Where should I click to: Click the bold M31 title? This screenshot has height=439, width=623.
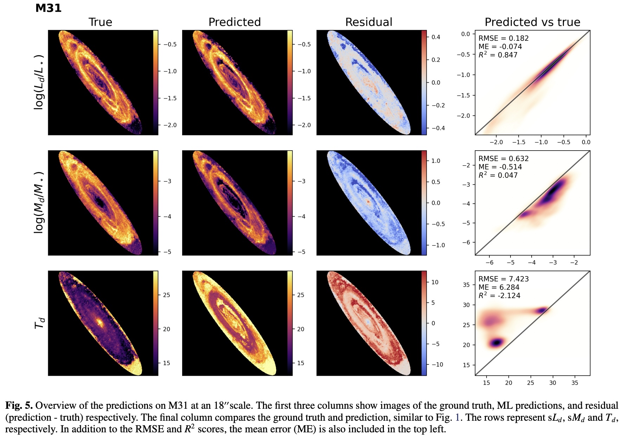pos(48,8)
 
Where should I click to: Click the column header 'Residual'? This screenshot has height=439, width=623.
pos(368,22)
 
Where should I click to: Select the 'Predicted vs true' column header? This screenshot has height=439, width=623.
pos(532,22)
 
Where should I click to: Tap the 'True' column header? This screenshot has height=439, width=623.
pos(100,22)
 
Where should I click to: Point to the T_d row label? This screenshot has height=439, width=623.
pos(40,323)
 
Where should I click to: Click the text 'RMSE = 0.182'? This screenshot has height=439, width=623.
pos(503,38)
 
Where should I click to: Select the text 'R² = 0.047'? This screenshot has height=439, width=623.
pos(498,175)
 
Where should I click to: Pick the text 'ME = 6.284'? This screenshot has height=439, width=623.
pos(499,287)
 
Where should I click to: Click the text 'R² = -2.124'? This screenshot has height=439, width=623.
pos(499,295)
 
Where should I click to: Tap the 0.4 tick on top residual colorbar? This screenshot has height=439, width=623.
pos(436,37)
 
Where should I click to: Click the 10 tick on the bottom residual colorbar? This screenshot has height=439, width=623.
pos(435,282)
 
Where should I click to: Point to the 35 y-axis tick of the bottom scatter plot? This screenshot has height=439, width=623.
pos(466,285)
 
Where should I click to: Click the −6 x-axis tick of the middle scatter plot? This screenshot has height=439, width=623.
pos(489,262)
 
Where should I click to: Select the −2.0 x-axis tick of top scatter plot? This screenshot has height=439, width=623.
pos(496,142)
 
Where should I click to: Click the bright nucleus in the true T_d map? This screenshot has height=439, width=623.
pos(100,322)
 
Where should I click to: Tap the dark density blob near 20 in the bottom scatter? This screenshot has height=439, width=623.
pos(497,342)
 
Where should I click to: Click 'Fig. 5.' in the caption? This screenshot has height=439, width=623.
pos(19,406)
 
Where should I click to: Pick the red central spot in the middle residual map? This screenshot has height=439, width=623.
pos(368,202)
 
